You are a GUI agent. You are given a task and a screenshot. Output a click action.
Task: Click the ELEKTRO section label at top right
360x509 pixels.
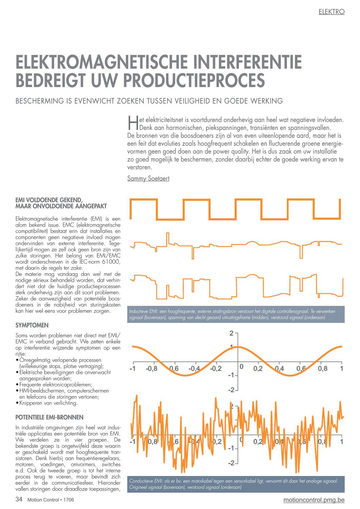click(331, 12)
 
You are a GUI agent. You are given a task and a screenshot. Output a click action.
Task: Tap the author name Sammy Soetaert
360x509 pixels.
click(148, 179)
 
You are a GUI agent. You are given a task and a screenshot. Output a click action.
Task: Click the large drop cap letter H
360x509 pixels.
click(133, 123)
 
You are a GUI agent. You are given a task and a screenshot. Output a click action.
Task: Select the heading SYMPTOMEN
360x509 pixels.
click(32, 325)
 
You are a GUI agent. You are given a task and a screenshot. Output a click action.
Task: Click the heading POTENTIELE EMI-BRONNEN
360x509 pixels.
click(49, 417)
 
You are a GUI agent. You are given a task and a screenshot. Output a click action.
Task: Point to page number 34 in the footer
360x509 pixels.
click(19, 499)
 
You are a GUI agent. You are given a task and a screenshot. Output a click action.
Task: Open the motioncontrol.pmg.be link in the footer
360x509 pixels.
click(314, 500)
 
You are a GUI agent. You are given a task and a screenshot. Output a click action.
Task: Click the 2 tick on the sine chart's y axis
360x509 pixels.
click(231, 333)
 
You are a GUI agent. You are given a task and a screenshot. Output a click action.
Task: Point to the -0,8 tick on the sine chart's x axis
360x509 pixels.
click(151, 368)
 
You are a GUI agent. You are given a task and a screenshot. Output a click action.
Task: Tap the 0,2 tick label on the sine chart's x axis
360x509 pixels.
click(258, 368)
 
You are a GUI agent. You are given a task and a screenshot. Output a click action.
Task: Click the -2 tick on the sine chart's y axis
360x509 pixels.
click(231, 390)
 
